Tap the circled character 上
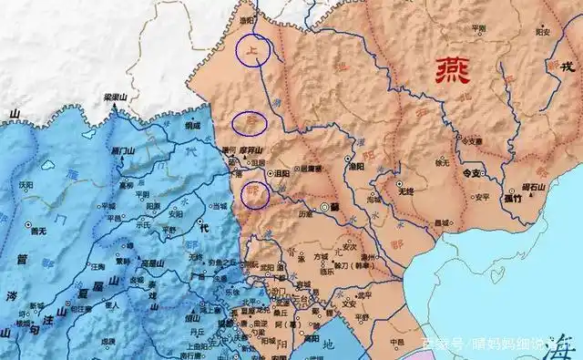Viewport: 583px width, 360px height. pos(252,52)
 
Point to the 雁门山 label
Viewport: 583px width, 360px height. pos(123,149)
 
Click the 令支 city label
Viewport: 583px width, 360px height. pos(471,171)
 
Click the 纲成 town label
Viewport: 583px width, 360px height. pos(191,125)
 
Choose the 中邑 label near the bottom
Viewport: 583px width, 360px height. pos(396,343)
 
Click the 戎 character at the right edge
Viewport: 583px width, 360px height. pos(567,66)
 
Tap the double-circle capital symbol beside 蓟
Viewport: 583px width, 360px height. pos(325,209)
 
